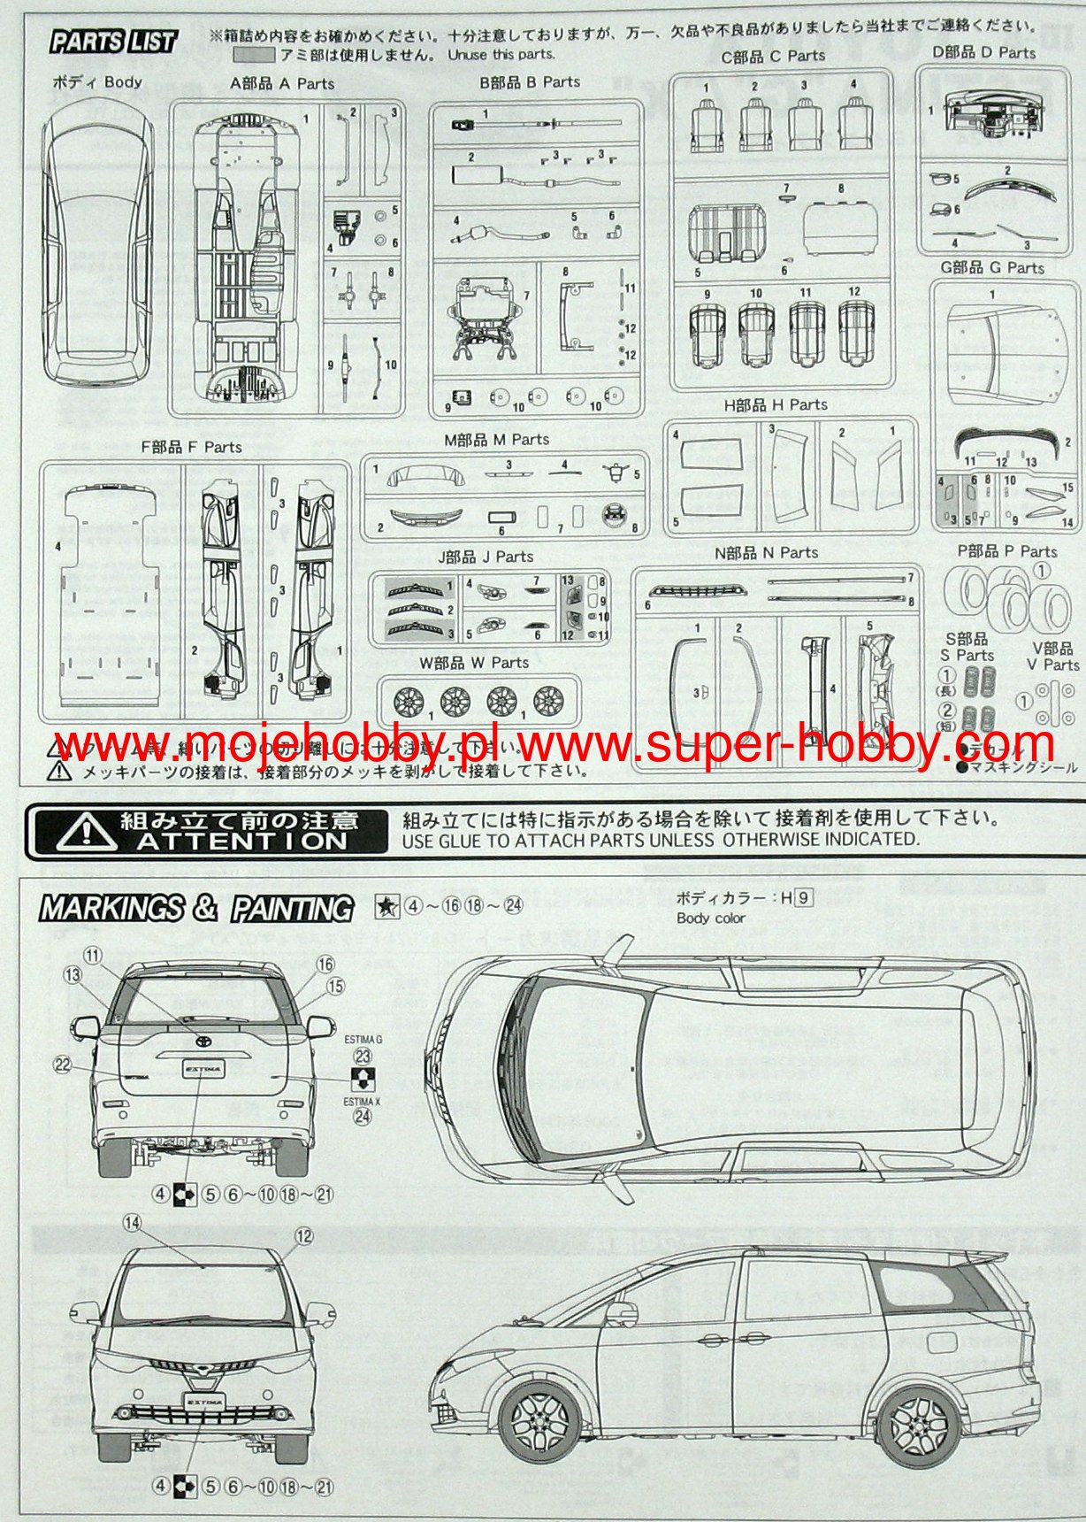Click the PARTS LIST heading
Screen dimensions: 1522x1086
(x=114, y=41)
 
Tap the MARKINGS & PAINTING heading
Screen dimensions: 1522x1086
(x=195, y=908)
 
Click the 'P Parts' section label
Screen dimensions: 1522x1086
(x=1007, y=551)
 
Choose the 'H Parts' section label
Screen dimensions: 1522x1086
(x=776, y=404)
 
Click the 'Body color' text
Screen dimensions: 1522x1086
(x=710, y=918)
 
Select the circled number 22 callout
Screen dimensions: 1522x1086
(x=62, y=1065)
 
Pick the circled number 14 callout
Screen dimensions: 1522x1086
(x=132, y=1223)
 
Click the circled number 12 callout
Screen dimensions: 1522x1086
(x=303, y=1236)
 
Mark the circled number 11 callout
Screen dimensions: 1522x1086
(x=94, y=955)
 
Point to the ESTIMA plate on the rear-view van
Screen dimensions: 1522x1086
(x=203, y=1069)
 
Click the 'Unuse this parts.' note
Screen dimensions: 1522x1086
(x=501, y=55)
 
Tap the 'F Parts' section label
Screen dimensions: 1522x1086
(x=191, y=447)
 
